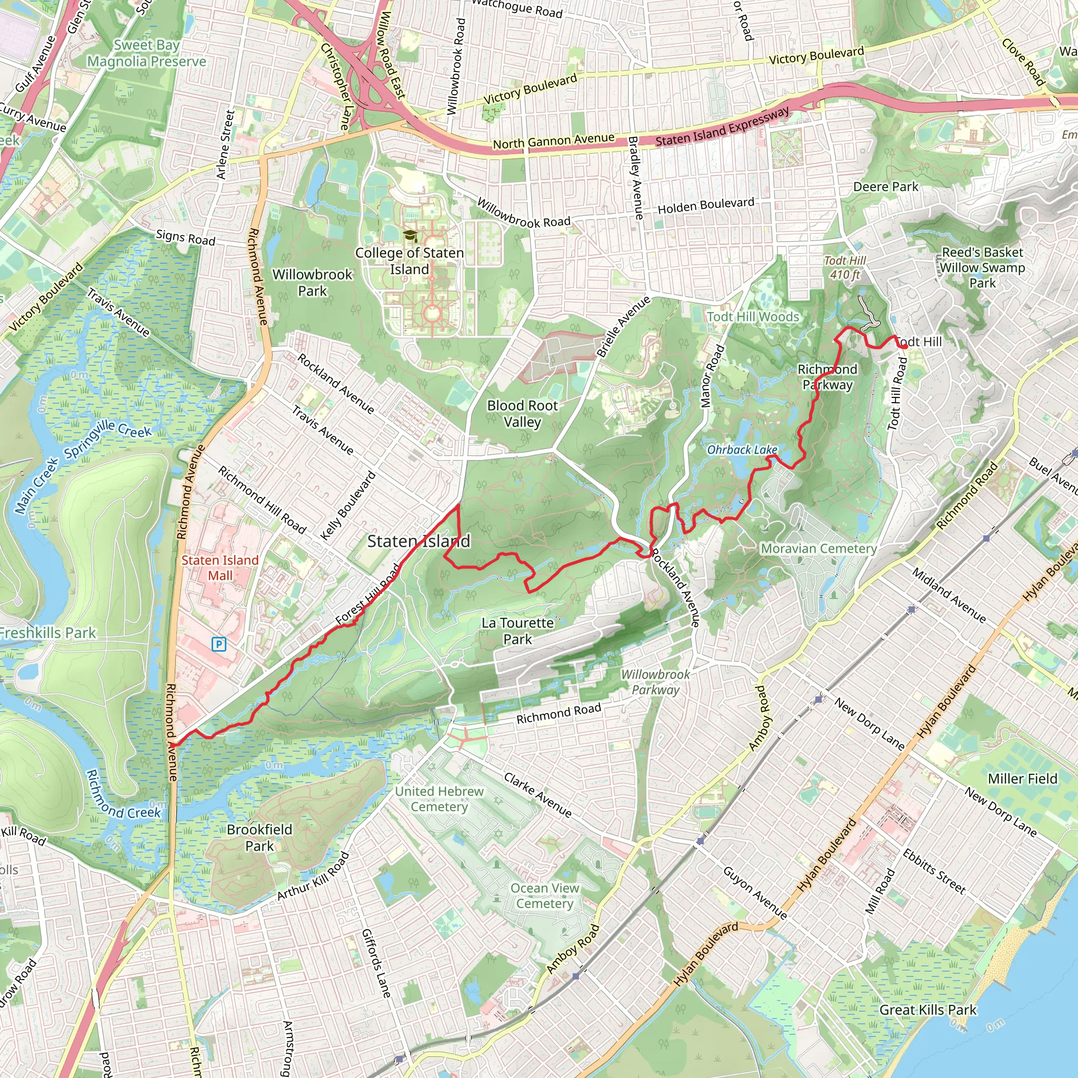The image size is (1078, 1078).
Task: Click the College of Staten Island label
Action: point(410,261)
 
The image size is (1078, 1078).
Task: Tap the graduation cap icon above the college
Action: point(410,235)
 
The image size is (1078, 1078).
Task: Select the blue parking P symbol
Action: point(219,645)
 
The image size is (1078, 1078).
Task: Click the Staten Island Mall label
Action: point(220,567)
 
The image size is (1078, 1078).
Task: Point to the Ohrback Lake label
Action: point(742,450)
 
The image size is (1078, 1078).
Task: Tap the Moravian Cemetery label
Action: point(819,548)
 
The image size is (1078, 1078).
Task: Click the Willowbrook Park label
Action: point(313,282)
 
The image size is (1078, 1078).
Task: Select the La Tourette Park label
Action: point(517,631)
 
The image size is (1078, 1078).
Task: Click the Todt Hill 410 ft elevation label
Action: point(845,267)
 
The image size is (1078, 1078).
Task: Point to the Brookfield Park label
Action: point(259,837)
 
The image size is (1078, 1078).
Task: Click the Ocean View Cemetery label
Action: point(545,895)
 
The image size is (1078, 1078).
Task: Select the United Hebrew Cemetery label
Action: point(439,799)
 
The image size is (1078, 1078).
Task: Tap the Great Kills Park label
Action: point(928,1010)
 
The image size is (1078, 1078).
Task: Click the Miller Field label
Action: point(1022,779)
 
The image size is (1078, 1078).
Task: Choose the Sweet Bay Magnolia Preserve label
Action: point(147,54)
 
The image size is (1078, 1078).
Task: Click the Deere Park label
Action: point(885,186)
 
